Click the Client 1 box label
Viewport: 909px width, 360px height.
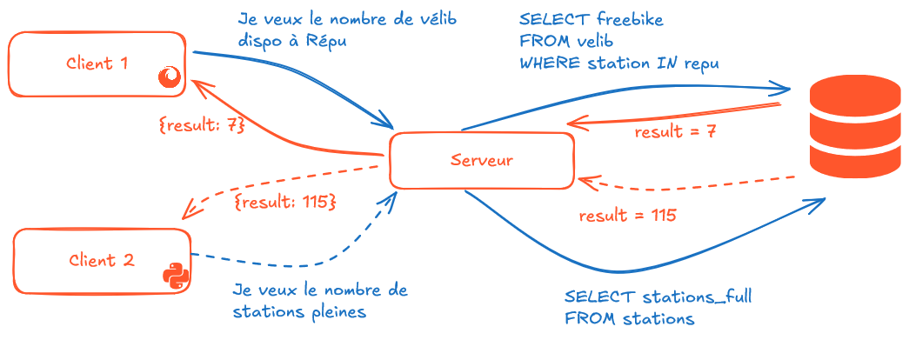(x=97, y=63)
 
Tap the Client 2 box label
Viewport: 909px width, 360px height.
(x=101, y=260)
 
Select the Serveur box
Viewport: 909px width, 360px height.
(x=481, y=160)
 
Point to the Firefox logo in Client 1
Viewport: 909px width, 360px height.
(x=170, y=78)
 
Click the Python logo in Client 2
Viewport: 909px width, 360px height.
(x=176, y=274)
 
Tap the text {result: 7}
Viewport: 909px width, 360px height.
(x=202, y=124)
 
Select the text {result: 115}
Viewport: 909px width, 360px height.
(x=284, y=202)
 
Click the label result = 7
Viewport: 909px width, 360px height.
(x=675, y=132)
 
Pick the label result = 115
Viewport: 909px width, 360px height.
(x=627, y=215)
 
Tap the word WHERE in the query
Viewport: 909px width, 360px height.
(x=546, y=63)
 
